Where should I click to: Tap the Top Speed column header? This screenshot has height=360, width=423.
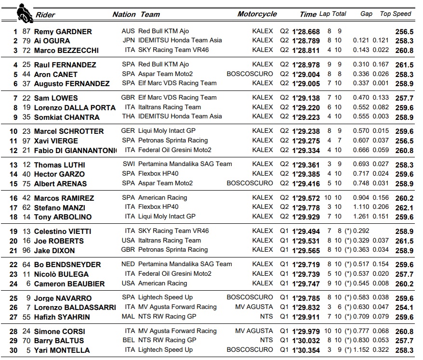click(x=396, y=14)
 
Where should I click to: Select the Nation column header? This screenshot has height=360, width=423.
click(x=124, y=14)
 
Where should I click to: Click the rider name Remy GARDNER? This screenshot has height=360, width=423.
click(x=63, y=32)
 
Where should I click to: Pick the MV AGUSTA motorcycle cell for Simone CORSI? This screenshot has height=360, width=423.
click(x=254, y=331)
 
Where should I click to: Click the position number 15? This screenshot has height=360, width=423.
click(x=14, y=184)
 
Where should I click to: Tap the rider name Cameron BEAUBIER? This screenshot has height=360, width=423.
click(x=69, y=284)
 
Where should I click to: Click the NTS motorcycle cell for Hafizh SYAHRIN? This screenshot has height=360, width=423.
click(x=266, y=317)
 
